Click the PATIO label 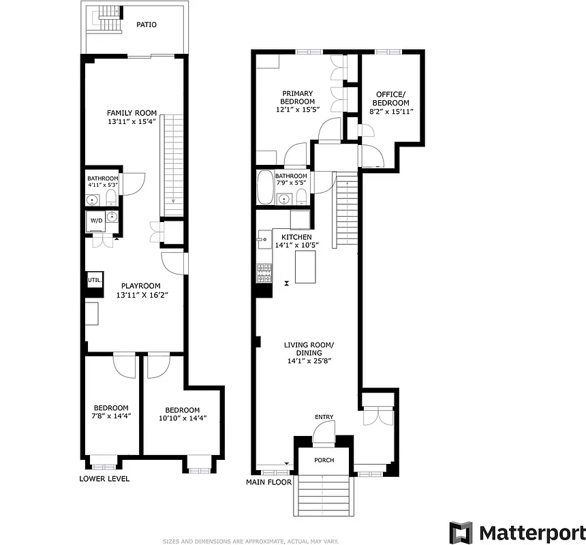click(x=146, y=25)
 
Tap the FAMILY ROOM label click(x=132, y=113)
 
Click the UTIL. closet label click(x=93, y=280)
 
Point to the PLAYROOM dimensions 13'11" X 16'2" click(x=141, y=296)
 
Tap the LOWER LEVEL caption click(x=104, y=479)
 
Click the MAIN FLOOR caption click(x=269, y=482)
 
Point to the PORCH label click(x=324, y=460)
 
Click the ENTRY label click(x=324, y=417)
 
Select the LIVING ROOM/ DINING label click(x=309, y=349)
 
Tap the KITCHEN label click(x=297, y=237)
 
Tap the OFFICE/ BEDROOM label click(x=390, y=99)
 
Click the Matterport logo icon click(x=461, y=532)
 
